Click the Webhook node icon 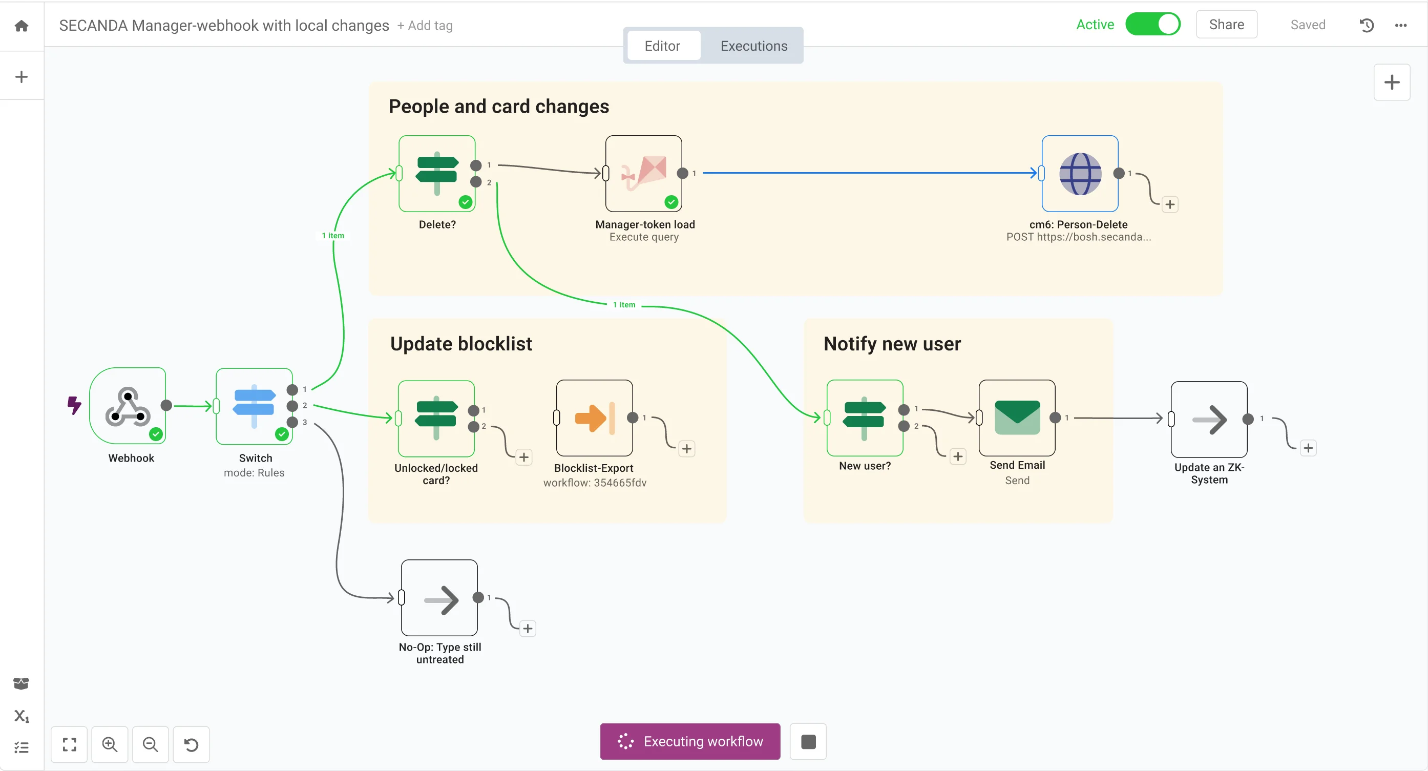(x=128, y=406)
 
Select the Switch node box (x=254, y=406)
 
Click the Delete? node (x=437, y=174)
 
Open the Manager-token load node (x=644, y=174)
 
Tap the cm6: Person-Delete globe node (x=1080, y=174)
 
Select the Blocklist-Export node (x=594, y=418)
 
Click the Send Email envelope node (x=1017, y=418)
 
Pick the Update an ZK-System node (x=1209, y=419)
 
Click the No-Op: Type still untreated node (x=439, y=597)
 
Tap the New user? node (x=864, y=418)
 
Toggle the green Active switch (x=1152, y=25)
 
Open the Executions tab (x=753, y=46)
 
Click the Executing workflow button (x=689, y=741)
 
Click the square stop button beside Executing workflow (x=808, y=741)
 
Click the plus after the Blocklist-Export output (x=686, y=448)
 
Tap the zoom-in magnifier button (x=110, y=744)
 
